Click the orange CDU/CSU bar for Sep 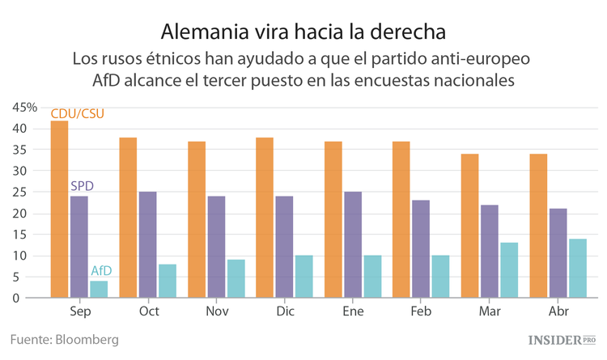click(x=59, y=210)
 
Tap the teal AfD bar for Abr click(x=577, y=268)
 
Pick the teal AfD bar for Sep click(x=99, y=289)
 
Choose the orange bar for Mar click(x=469, y=226)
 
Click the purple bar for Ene click(x=352, y=244)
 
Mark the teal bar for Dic click(x=303, y=276)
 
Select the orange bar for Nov click(x=196, y=219)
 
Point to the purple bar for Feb click(x=421, y=248)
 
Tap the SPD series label click(x=82, y=186)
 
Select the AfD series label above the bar click(x=100, y=270)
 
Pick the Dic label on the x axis click(x=284, y=311)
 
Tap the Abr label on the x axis click(x=558, y=311)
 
